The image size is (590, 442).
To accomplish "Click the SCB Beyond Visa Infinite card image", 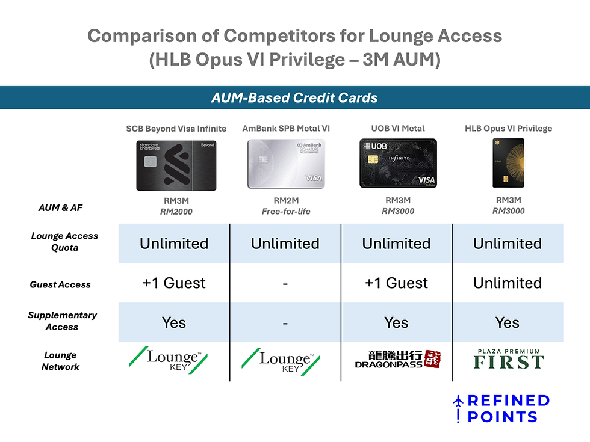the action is pos(176,165).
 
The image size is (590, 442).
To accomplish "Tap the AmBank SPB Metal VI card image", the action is pos(286,164).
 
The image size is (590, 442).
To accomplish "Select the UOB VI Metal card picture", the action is pos(398,163).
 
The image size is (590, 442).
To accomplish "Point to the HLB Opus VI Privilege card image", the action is pos(508,163).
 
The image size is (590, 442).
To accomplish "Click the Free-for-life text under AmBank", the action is pos(286,212).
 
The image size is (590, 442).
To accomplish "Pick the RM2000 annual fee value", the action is pos(176,212).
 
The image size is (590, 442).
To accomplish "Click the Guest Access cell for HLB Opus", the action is pos(508,283).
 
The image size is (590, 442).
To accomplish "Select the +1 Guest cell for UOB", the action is pos(396,283).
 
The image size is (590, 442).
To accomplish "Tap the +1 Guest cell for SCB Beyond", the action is pos(174,283).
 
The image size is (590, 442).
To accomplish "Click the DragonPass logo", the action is pos(398,360).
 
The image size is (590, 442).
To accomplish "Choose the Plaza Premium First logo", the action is pos(509,359).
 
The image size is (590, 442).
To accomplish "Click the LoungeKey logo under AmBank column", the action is pos(281,361).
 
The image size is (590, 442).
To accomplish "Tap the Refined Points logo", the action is pos(501,408).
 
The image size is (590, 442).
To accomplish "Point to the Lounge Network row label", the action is pos(60,361).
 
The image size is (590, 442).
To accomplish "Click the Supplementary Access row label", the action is pos(62,321).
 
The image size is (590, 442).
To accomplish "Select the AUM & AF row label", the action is pos(60,208).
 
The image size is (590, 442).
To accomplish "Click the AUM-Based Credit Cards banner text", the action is pos(294,97).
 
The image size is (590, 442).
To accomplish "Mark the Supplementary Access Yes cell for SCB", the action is pos(174,323).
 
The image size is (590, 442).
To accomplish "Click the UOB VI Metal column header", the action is pos(398,129).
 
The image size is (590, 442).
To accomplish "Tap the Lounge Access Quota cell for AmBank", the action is pos(285,244).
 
